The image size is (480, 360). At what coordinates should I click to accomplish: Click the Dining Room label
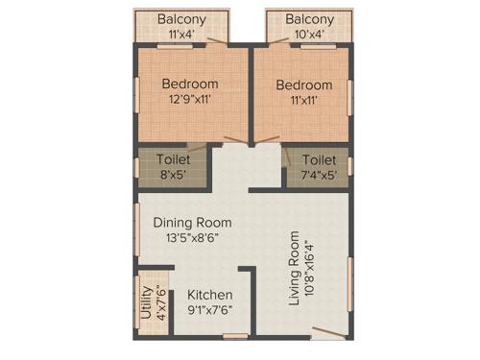(x=193, y=222)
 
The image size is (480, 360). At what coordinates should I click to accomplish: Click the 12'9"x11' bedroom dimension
(x=190, y=99)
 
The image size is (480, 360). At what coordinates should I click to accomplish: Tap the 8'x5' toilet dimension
(x=174, y=174)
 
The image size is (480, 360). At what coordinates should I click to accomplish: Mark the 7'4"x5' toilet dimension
(x=317, y=174)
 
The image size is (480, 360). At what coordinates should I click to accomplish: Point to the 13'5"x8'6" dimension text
(x=192, y=238)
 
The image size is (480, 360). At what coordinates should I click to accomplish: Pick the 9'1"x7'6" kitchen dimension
(x=209, y=309)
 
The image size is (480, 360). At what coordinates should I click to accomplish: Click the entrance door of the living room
(x=328, y=333)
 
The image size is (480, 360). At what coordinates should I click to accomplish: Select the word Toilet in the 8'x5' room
(x=174, y=159)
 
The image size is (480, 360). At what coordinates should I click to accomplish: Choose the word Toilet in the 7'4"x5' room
(x=319, y=159)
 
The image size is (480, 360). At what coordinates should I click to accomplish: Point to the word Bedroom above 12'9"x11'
(x=190, y=84)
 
